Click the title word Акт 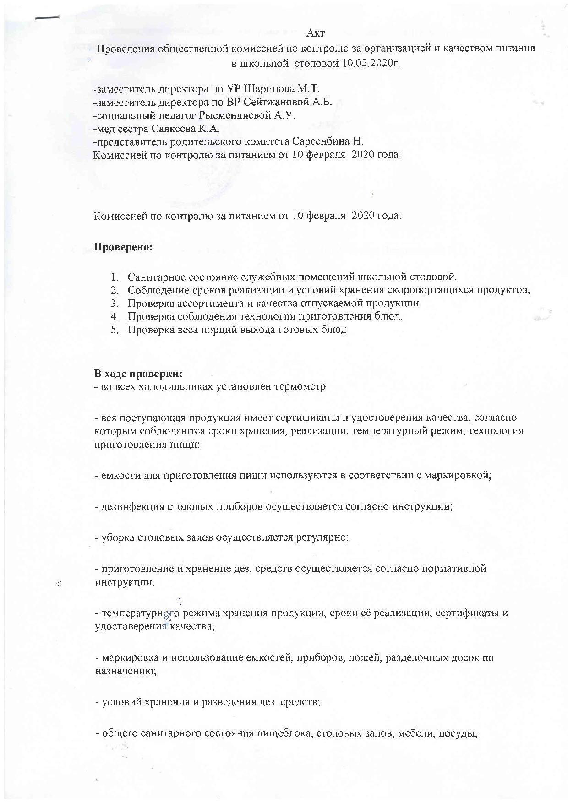click(x=316, y=33)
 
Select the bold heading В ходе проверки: click(x=138, y=374)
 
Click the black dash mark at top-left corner click(x=48, y=18)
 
